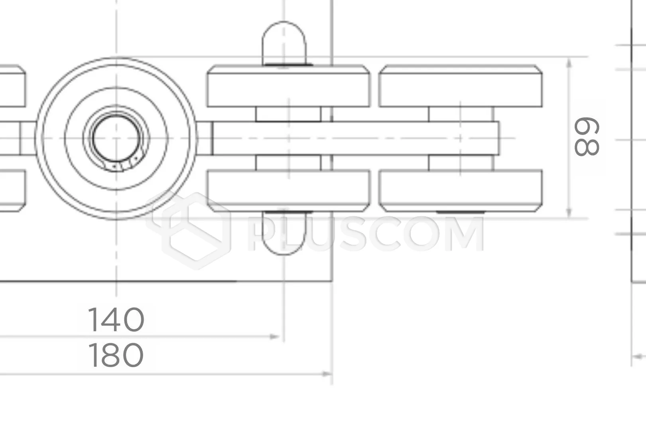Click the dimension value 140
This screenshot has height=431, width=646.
(x=116, y=320)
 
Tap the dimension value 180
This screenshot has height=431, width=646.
(x=116, y=355)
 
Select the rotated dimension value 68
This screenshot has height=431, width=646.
(x=587, y=136)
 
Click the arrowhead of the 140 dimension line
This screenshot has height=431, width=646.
(x=274, y=336)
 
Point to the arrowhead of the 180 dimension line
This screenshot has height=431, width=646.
(x=327, y=374)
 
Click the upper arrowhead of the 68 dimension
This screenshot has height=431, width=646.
(x=569, y=63)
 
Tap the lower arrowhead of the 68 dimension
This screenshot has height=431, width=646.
(x=569, y=213)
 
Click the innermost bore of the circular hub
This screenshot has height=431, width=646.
(x=116, y=138)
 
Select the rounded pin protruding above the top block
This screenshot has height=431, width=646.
(x=284, y=43)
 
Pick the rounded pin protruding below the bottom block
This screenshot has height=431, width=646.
(x=284, y=233)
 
